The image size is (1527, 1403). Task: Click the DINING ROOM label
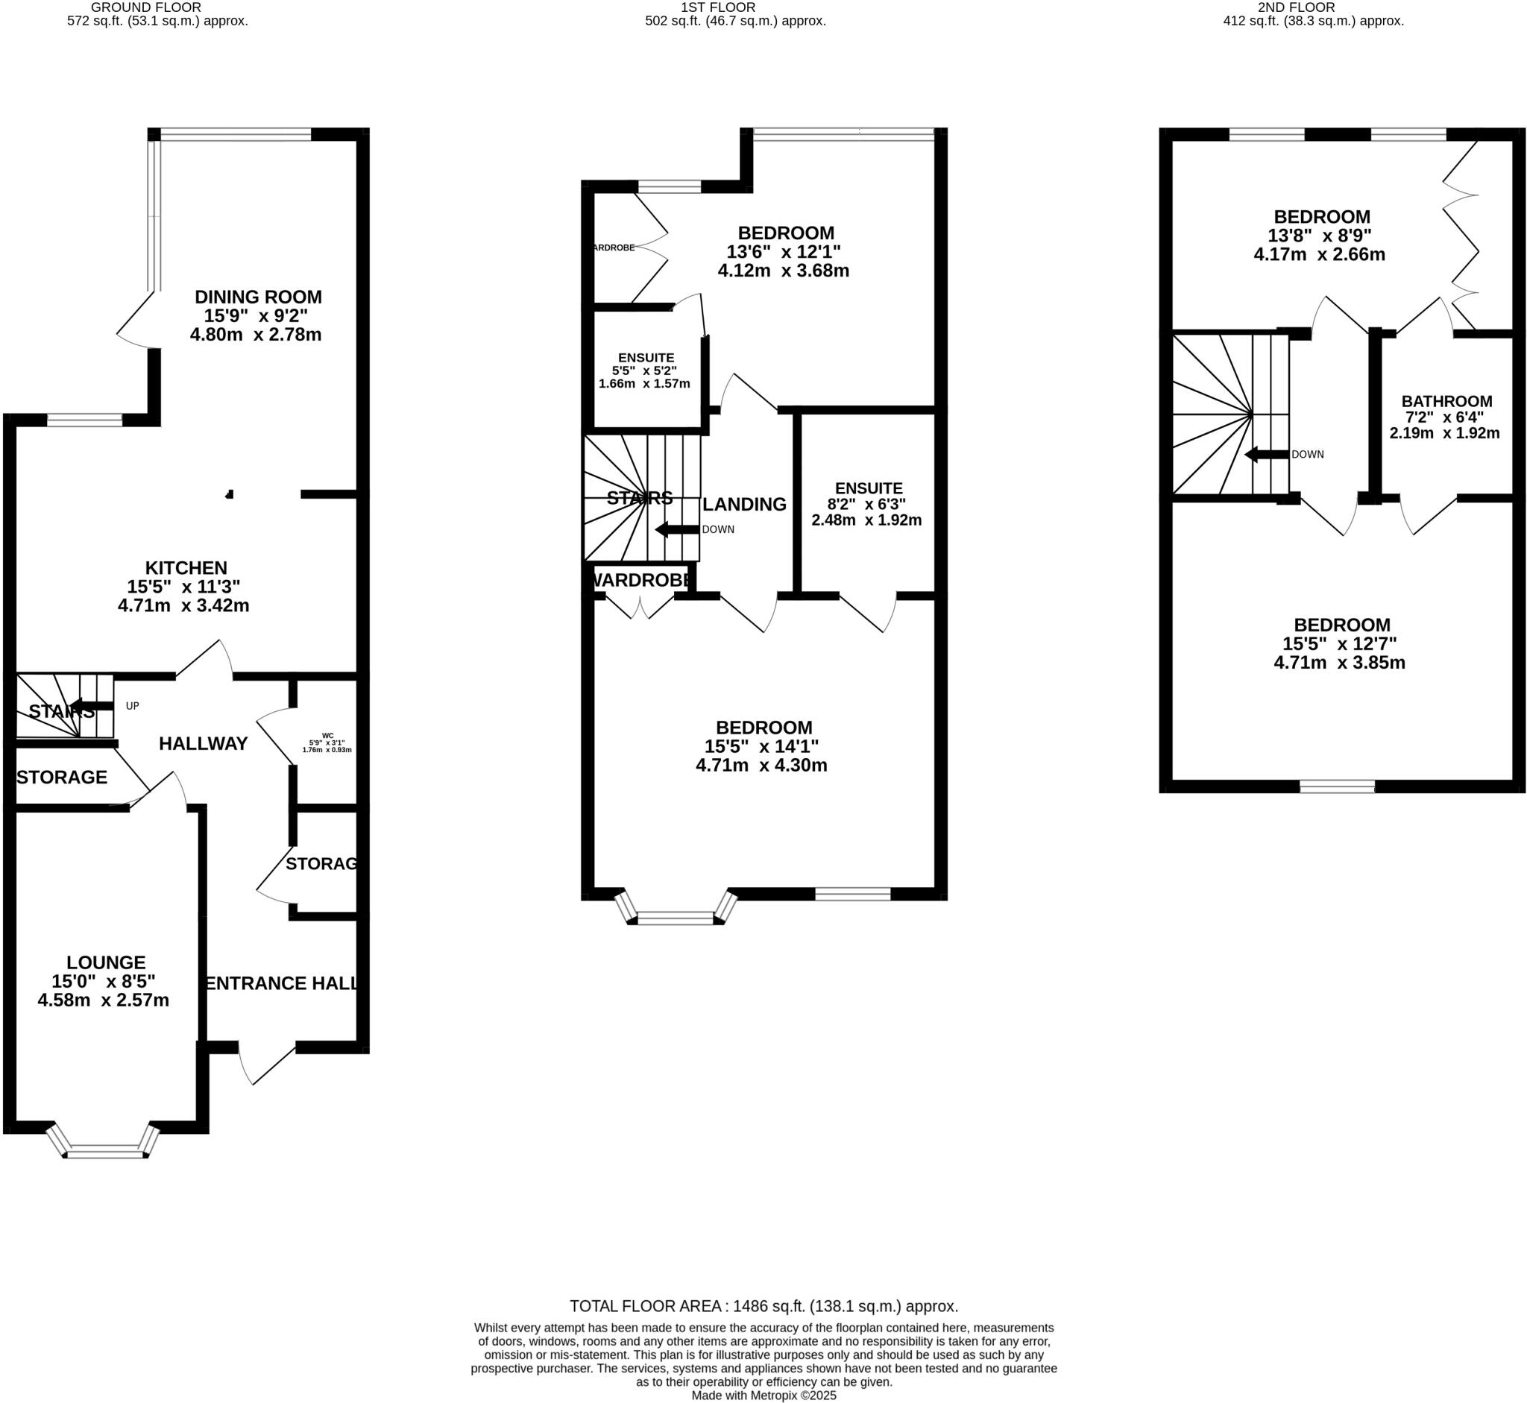(x=258, y=297)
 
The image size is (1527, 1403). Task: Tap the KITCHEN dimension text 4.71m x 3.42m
(x=183, y=606)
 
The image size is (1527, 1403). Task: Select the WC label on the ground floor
(x=327, y=735)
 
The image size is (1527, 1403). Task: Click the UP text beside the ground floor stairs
(x=132, y=706)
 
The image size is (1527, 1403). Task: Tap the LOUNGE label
(x=106, y=962)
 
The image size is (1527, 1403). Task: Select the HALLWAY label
(x=204, y=744)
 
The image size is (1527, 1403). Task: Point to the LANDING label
(x=744, y=504)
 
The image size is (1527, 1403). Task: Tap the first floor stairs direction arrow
(x=676, y=529)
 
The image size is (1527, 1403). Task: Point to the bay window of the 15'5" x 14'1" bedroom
(x=675, y=918)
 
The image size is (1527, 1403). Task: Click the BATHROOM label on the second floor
(x=1446, y=401)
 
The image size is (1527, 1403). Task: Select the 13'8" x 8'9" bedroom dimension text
(x=1320, y=236)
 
